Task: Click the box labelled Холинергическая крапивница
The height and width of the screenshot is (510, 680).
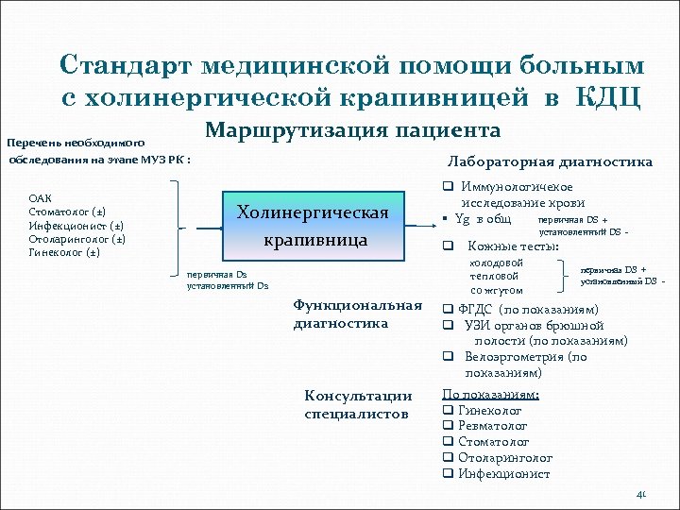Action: pos(313,227)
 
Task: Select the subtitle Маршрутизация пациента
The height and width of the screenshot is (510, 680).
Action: pos(352,129)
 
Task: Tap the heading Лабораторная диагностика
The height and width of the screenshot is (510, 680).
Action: pos(550,161)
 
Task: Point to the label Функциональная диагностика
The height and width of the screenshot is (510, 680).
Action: pos(357,314)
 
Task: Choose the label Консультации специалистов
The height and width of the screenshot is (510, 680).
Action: pos(358,404)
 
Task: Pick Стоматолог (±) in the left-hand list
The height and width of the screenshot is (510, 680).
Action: pos(67,212)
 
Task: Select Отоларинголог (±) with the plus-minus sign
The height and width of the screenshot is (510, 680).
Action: pos(74,239)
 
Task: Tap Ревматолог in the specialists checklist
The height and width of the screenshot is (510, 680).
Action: pos(492,426)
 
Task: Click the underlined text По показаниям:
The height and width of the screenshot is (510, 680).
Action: pos(490,395)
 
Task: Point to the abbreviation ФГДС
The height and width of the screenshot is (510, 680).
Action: pos(476,310)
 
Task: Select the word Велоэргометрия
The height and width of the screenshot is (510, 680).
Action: pos(515,357)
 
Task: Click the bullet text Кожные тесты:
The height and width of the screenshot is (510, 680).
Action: pos(512,246)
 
